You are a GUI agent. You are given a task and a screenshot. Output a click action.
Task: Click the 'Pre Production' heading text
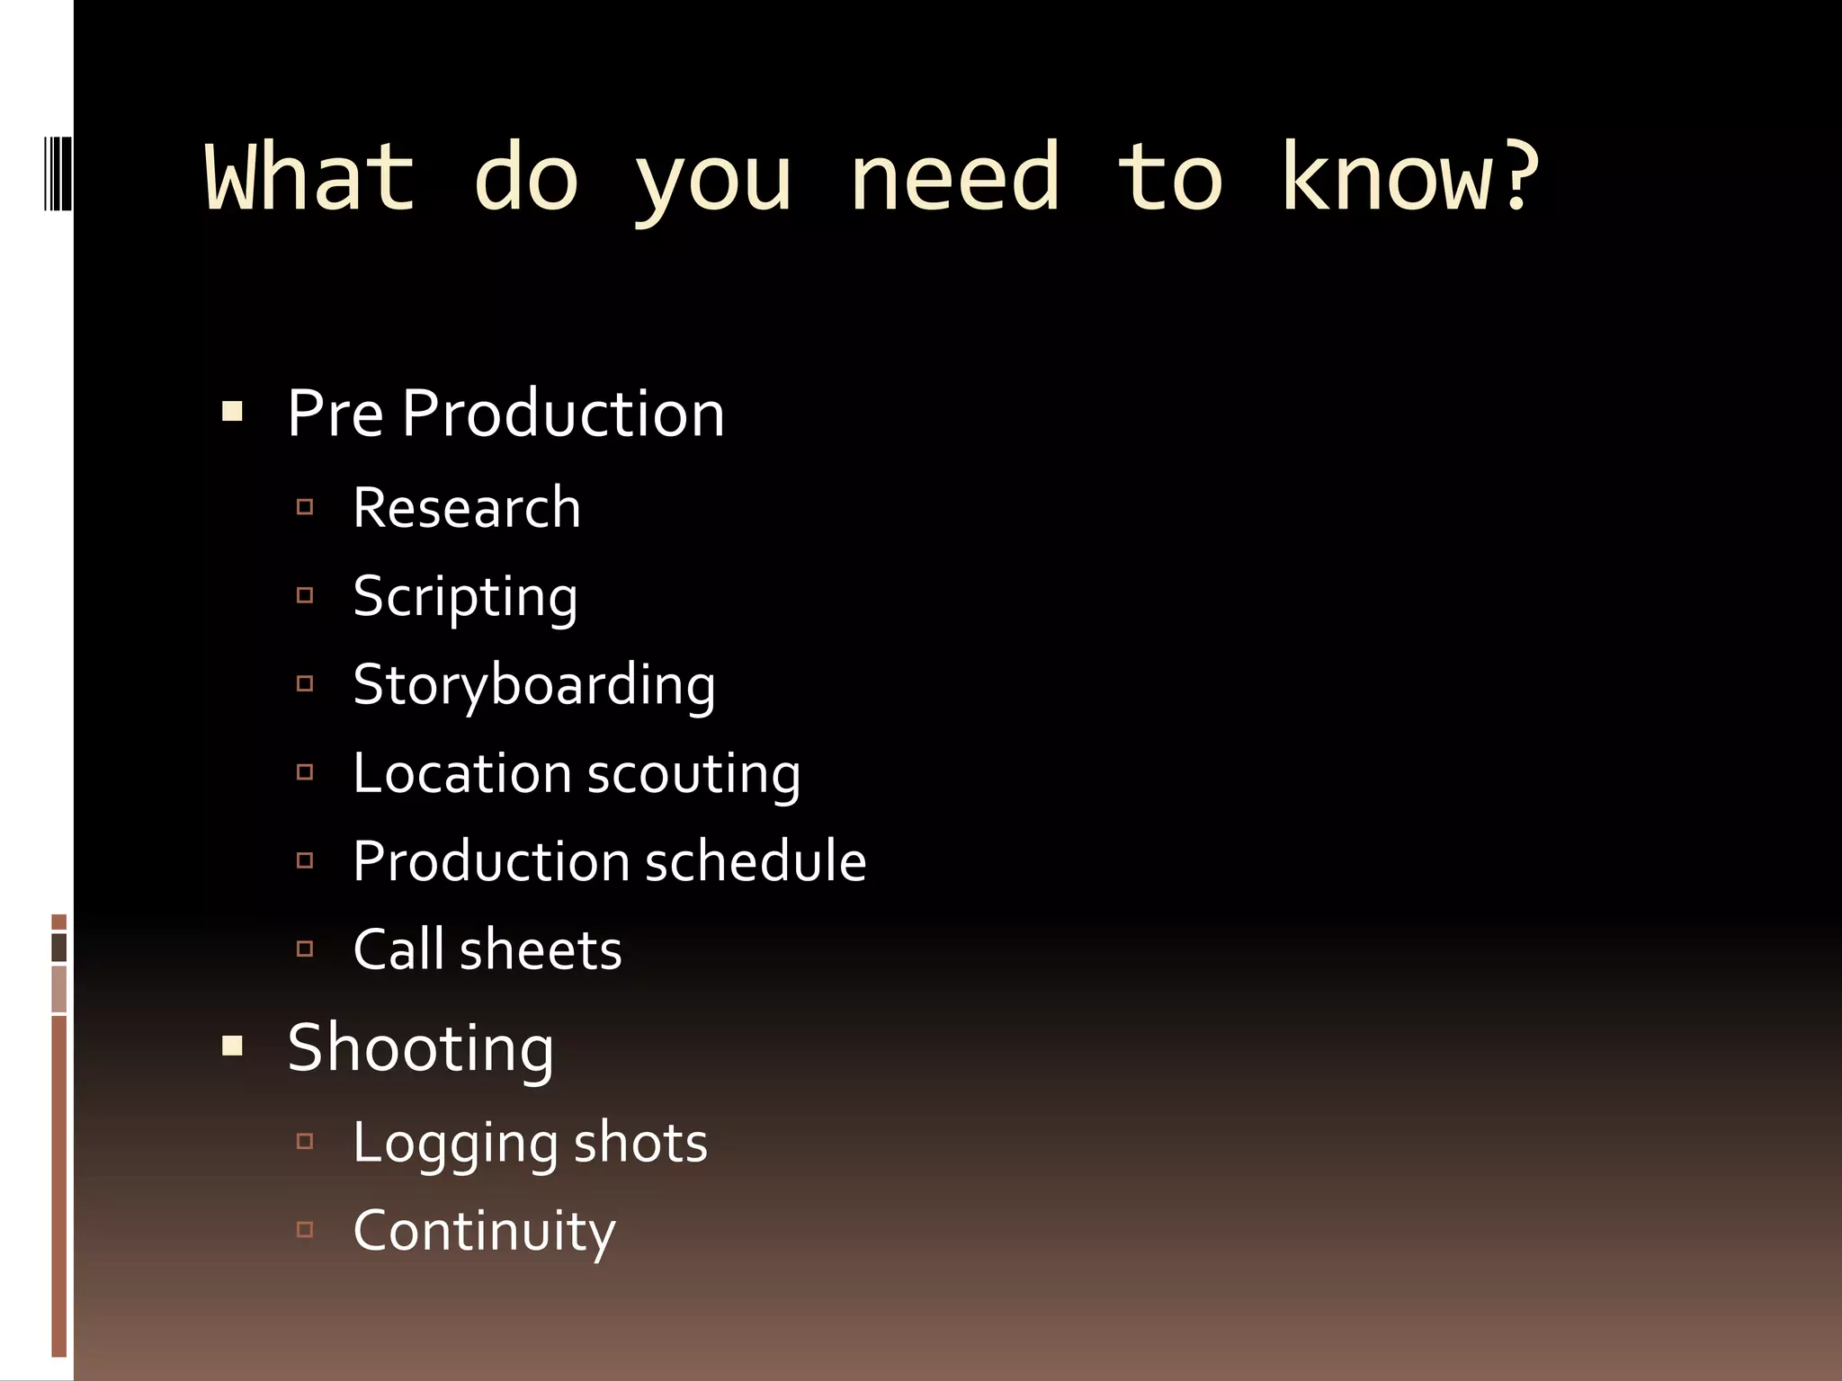click(x=505, y=414)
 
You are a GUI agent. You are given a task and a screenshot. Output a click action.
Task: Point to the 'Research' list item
click(x=467, y=508)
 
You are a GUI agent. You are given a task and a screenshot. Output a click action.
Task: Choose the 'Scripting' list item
click(x=465, y=597)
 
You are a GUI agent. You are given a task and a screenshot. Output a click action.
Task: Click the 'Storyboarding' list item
click(x=534, y=685)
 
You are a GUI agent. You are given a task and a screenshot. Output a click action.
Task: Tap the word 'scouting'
click(x=693, y=773)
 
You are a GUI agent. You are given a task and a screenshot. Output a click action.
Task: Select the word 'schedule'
click(x=756, y=861)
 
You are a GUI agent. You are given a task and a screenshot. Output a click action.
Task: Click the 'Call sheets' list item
click(x=487, y=949)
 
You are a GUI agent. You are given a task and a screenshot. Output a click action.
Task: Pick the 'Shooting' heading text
click(x=420, y=1048)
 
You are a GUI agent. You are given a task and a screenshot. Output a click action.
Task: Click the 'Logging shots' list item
click(x=530, y=1143)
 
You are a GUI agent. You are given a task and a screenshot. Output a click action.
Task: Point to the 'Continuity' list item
click(x=484, y=1231)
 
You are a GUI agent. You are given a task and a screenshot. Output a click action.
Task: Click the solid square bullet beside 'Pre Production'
click(x=232, y=413)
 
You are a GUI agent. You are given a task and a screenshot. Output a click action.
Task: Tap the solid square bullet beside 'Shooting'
click(x=232, y=1046)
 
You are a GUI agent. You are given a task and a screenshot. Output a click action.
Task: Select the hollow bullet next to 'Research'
click(x=305, y=507)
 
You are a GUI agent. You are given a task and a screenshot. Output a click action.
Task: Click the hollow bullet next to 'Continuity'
click(x=305, y=1229)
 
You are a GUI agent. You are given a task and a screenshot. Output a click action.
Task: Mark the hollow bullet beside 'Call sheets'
click(x=305, y=949)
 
